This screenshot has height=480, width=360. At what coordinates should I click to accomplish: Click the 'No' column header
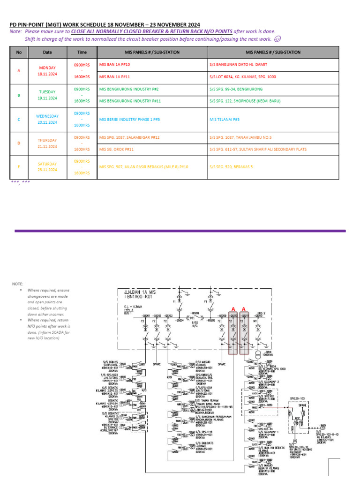(x=19, y=52)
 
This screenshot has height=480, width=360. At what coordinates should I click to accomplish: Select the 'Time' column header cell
(x=82, y=52)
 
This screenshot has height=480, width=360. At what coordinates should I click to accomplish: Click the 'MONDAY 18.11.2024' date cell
(x=47, y=71)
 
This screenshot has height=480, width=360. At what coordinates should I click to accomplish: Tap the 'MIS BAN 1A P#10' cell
(x=115, y=64)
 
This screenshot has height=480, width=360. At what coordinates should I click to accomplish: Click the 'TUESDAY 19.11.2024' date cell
(x=47, y=95)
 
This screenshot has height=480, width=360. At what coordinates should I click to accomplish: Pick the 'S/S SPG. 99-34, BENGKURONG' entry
(x=236, y=89)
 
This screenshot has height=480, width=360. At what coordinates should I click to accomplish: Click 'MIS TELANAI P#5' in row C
(x=225, y=120)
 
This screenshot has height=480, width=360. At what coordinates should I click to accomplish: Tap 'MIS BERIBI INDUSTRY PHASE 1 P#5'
(x=130, y=120)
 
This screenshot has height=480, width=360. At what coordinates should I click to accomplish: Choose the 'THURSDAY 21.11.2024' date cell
(x=47, y=143)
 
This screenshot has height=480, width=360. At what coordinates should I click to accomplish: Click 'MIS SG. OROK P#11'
(x=117, y=149)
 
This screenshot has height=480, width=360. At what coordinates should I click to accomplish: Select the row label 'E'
(x=19, y=167)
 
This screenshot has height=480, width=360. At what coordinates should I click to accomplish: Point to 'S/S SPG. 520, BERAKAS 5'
(x=231, y=167)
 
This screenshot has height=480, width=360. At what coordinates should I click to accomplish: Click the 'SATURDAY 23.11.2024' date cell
(x=47, y=167)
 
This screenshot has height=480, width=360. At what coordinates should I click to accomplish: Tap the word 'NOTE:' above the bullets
(x=17, y=284)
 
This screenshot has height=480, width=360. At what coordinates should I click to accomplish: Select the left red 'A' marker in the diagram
(x=232, y=308)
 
